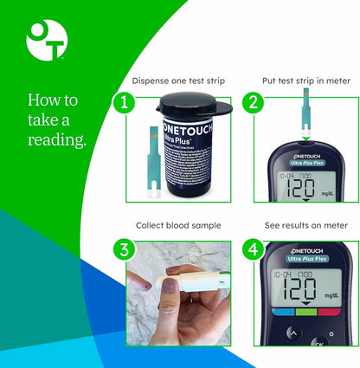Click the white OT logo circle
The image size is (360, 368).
pos(46,40)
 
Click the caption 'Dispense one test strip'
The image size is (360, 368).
pos(178,81)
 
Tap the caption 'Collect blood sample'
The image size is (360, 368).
pos(178,225)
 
